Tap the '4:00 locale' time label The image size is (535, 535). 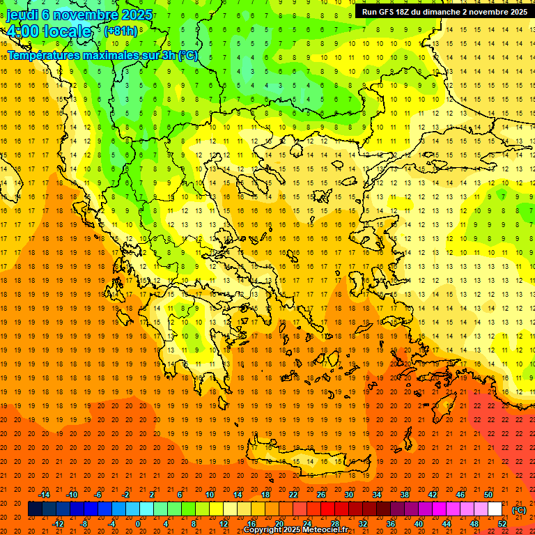[49, 31]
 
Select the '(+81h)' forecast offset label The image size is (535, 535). [121, 31]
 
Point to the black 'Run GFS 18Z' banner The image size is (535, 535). [444, 11]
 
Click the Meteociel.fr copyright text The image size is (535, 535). [295, 530]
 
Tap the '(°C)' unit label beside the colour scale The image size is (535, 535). [518, 510]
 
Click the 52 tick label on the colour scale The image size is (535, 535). [502, 524]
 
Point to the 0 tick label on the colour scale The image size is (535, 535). [138, 524]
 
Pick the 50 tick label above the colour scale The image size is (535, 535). [488, 495]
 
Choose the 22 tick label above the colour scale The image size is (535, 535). [293, 495]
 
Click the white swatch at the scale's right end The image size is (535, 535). [495, 509]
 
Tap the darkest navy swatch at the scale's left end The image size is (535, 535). [35, 509]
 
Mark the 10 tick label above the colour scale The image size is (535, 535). [210, 495]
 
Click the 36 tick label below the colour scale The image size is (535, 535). [391, 524]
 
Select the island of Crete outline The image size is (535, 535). [307, 461]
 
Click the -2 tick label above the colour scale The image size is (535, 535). [126, 495]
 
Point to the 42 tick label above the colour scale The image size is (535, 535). [433, 495]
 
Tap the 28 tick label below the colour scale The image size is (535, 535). [335, 524]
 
